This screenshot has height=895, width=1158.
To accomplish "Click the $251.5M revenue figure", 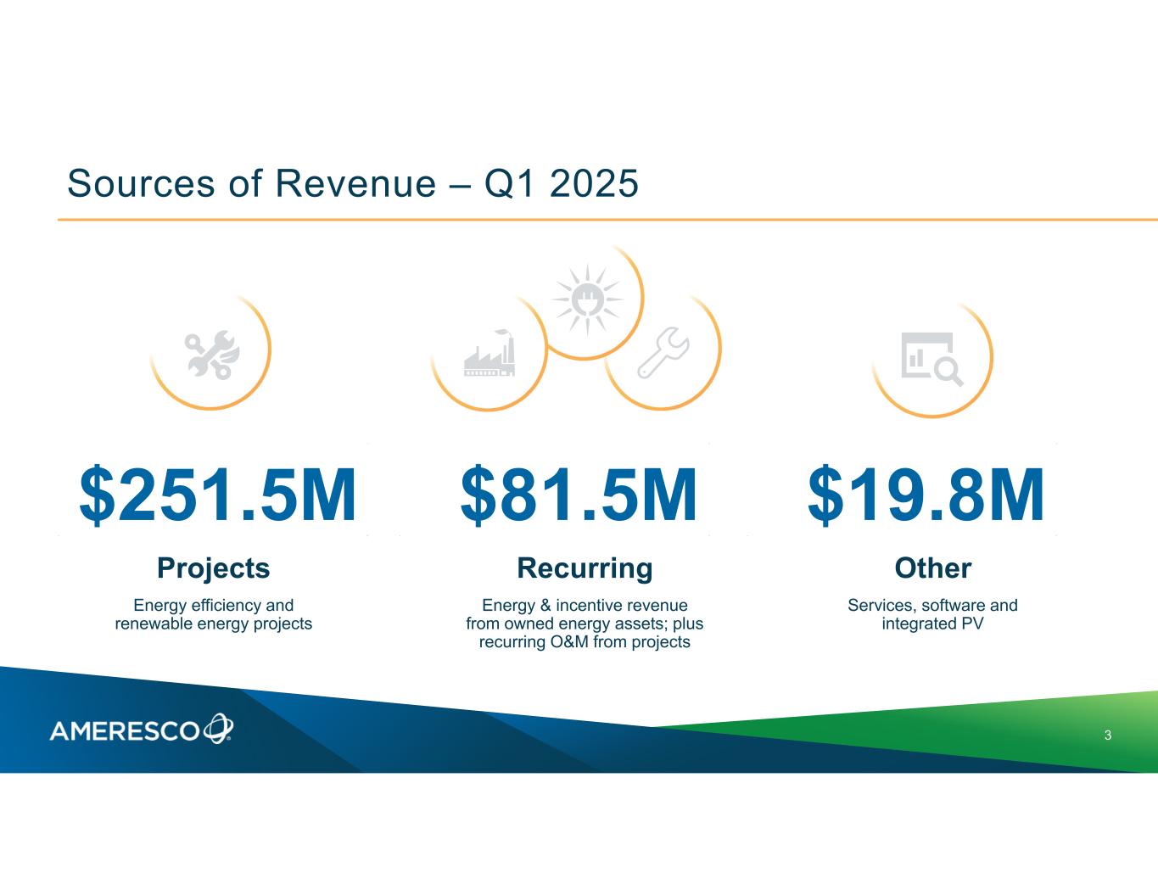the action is pyautogui.click(x=218, y=494).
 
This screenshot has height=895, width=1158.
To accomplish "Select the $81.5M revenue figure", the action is pyautogui.click(x=579, y=494).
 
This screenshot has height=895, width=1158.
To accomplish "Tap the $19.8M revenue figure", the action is pyautogui.click(x=926, y=494).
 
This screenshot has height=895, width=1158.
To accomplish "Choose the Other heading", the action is pyautogui.click(x=933, y=568).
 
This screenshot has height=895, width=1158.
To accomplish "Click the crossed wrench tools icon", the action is pyautogui.click(x=212, y=355).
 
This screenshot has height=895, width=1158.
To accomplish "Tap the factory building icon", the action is pyautogui.click(x=489, y=353).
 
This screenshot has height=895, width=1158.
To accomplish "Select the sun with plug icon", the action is pyautogui.click(x=587, y=299).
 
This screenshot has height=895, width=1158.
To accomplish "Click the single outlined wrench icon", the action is pyautogui.click(x=663, y=353).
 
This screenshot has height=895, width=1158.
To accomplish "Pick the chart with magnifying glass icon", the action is pyautogui.click(x=932, y=359).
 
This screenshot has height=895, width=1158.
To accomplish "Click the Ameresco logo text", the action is pyautogui.click(x=125, y=731).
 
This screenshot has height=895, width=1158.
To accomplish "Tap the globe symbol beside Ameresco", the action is pyautogui.click(x=219, y=728).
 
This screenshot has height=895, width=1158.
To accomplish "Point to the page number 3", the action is pyautogui.click(x=1108, y=736).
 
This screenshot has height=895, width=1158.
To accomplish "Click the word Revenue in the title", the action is pyautogui.click(x=355, y=183).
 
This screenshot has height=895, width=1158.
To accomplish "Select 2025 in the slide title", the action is pyautogui.click(x=594, y=183).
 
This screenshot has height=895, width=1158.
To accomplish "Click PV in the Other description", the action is pyautogui.click(x=972, y=624).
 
